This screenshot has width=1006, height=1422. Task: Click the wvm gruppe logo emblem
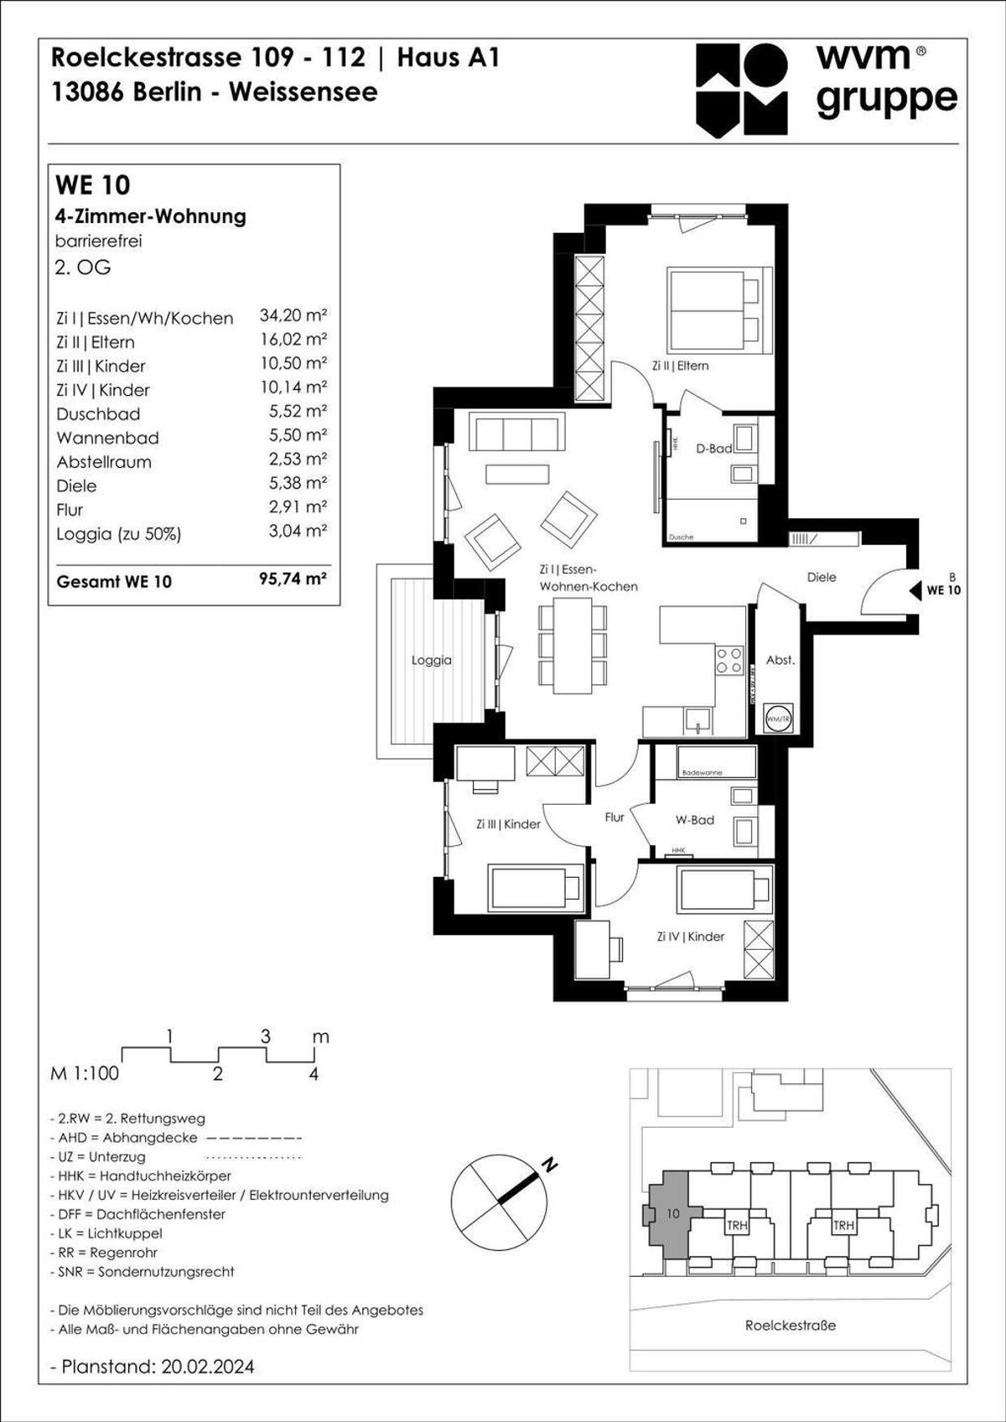741,90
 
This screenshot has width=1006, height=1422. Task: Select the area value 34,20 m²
293,316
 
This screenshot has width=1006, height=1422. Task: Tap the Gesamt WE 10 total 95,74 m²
293,579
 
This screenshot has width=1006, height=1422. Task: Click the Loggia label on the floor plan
431,660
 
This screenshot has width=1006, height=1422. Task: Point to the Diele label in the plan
821,577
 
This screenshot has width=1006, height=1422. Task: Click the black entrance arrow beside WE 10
915,590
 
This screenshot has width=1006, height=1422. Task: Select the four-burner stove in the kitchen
729,660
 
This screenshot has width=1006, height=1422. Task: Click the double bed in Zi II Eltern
718,310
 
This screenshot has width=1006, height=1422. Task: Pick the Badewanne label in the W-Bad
702,772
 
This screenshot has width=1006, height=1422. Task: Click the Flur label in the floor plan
614,817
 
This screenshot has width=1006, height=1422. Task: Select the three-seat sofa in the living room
516,433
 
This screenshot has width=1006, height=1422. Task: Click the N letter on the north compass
550,1165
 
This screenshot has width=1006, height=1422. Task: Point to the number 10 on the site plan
673,1213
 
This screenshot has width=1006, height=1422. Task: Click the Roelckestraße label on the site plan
790,1326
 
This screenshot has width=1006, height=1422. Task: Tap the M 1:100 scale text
85,1073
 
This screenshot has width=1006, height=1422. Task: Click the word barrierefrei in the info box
98,241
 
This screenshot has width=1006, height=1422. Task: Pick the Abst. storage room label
780,660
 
